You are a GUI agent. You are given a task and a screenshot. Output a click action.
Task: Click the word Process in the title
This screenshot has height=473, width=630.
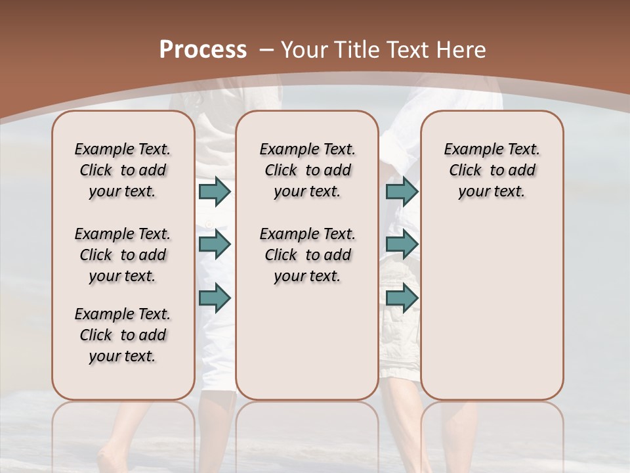click(203, 49)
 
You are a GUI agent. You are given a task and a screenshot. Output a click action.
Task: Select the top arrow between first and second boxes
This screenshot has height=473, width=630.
click(215, 191)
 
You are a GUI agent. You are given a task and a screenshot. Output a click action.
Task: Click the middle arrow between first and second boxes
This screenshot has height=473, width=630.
click(215, 244)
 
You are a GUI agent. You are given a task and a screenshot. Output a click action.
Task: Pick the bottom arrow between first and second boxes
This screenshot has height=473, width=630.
click(215, 297)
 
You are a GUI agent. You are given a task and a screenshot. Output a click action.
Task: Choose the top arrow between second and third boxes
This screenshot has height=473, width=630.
click(402, 191)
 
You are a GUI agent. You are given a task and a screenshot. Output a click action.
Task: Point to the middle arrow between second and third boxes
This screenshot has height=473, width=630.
click(402, 244)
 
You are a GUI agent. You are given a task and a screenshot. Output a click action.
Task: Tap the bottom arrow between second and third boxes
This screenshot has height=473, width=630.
click(402, 297)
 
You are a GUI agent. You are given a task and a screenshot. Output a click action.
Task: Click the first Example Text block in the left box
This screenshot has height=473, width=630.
click(123, 170)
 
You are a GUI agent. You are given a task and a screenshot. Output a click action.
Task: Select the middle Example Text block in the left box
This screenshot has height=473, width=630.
click(123, 255)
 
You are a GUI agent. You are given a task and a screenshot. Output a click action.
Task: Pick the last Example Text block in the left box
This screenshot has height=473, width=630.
click(123, 335)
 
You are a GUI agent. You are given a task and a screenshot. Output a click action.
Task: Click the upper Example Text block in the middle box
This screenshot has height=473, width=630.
click(307, 170)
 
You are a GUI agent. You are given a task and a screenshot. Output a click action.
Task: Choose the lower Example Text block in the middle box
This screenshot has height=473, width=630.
click(307, 255)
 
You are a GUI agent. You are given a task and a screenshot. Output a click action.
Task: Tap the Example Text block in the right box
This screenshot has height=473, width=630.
click(492, 170)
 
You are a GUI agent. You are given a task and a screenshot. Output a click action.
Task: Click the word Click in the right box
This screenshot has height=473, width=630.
click(465, 170)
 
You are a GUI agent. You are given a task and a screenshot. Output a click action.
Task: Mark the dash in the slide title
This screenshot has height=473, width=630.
click(266, 49)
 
